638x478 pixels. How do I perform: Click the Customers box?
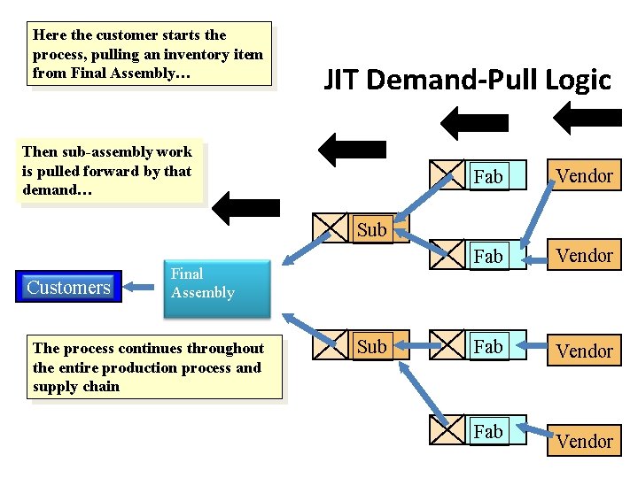[x=69, y=287]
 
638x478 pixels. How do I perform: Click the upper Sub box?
[x=371, y=230]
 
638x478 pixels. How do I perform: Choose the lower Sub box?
[x=371, y=347]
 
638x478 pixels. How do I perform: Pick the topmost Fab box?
[x=488, y=176]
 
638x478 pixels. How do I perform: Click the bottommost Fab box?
[x=488, y=431]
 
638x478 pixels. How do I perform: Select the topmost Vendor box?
[x=584, y=175]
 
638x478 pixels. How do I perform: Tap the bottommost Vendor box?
[x=584, y=441]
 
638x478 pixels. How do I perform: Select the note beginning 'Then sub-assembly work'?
[x=108, y=172]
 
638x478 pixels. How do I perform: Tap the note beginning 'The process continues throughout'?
[x=153, y=367]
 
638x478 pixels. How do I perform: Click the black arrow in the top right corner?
[x=585, y=117]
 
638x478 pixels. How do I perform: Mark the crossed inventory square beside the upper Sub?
[x=332, y=229]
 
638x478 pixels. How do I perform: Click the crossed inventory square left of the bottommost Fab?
[x=447, y=429]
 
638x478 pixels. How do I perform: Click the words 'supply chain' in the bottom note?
[x=76, y=387]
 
